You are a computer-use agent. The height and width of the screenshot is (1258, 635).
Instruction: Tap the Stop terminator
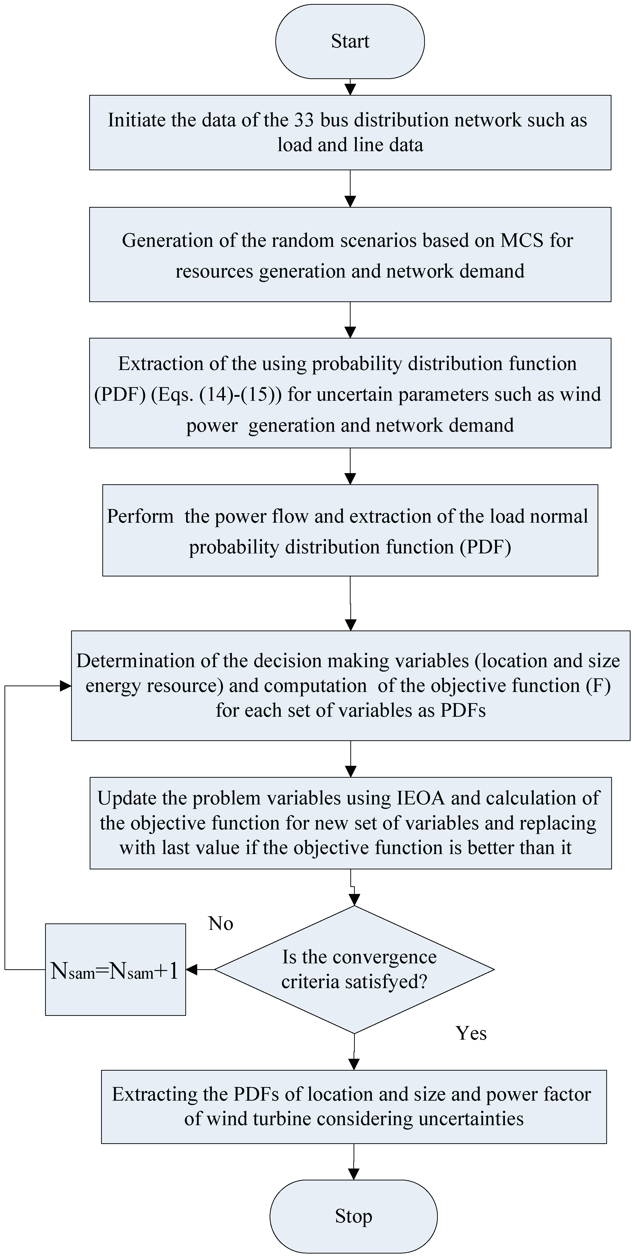(x=353, y=1216)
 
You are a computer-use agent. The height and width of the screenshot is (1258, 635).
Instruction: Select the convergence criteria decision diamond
(x=354, y=969)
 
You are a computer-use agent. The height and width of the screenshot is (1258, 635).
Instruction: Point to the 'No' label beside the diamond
(x=221, y=923)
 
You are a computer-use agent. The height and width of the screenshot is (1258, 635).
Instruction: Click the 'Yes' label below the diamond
(x=471, y=1033)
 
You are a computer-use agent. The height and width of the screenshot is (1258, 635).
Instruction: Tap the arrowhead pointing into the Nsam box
(x=192, y=969)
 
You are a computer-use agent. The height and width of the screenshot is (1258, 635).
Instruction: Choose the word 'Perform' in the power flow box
(x=140, y=516)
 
